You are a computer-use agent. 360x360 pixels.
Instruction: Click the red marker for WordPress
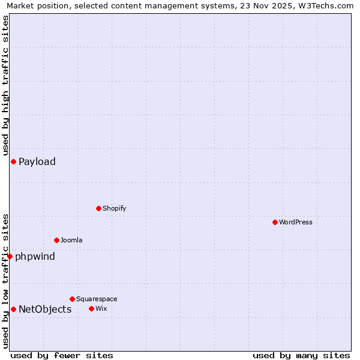coord(275,222)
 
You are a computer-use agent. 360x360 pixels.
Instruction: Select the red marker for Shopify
coord(98,208)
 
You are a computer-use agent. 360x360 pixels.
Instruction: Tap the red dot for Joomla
coord(56,240)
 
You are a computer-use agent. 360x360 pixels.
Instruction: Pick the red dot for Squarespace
coord(72,299)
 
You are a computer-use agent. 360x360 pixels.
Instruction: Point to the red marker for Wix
coord(91,308)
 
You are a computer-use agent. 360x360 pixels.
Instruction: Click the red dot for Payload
coord(13,161)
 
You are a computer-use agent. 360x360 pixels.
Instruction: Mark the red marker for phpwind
coord(10,256)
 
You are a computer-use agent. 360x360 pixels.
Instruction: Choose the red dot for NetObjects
coord(13,309)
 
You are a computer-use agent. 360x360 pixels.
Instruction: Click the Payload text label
coord(37,161)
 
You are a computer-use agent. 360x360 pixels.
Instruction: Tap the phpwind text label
coord(35,257)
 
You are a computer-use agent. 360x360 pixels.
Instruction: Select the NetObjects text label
coord(45,309)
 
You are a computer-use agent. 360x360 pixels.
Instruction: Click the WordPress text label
coord(296,222)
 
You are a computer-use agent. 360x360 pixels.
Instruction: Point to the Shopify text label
coord(114,208)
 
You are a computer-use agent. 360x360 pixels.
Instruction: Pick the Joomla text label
coord(71,240)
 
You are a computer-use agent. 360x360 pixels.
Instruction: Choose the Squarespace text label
coord(97,299)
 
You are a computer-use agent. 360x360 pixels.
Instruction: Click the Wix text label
coord(101,308)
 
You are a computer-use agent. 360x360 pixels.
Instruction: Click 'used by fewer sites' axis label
coord(62,355)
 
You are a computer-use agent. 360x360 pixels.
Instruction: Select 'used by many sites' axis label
coord(301,355)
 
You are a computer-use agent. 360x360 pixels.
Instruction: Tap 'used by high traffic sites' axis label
coord(5,86)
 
